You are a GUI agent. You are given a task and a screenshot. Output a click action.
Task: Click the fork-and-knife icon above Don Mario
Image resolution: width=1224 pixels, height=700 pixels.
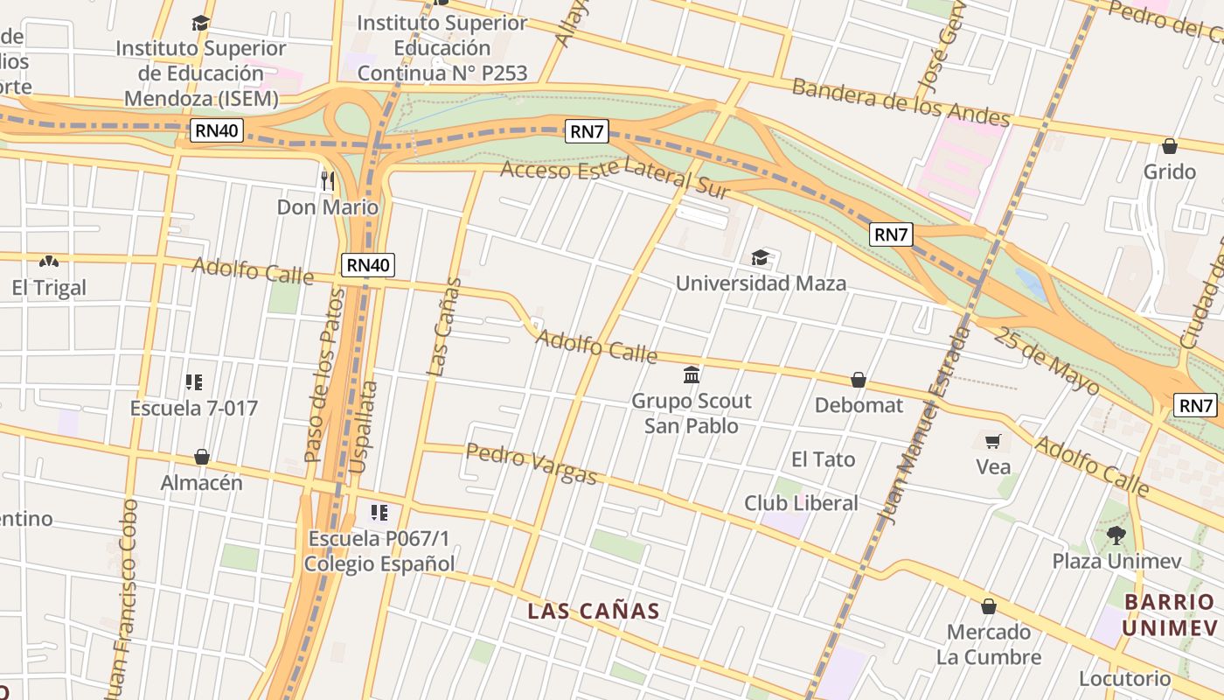(328, 181)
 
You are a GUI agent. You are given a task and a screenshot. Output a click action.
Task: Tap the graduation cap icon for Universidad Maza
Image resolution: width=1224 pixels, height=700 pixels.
(761, 257)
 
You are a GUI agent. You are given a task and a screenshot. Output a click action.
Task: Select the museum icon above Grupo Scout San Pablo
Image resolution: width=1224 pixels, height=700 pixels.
(692, 375)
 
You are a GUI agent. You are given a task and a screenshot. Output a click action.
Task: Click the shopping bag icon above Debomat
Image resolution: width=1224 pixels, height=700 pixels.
(859, 380)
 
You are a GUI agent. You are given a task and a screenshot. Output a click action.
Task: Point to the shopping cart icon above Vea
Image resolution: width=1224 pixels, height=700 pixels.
(992, 441)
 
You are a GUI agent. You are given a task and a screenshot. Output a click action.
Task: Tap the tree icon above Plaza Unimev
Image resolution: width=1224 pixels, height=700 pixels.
(1116, 535)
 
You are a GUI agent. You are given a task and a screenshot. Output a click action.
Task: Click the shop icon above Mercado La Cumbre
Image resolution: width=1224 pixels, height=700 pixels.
(989, 606)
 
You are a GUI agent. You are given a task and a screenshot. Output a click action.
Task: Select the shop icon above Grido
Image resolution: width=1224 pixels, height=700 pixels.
(1170, 146)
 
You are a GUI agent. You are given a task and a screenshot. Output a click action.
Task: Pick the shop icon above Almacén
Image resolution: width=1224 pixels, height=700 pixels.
(202, 457)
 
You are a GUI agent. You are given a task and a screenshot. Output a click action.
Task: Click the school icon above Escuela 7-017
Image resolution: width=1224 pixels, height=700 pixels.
(194, 382)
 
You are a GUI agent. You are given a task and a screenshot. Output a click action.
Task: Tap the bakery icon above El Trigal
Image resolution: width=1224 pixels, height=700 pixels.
(49, 262)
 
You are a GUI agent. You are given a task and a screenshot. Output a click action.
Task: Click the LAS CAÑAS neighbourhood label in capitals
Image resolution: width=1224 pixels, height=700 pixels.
(593, 611)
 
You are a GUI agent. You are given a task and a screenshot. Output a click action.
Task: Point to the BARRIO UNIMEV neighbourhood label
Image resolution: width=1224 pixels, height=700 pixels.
(1170, 614)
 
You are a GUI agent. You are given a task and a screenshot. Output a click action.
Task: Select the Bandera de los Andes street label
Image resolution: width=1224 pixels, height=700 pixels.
(901, 103)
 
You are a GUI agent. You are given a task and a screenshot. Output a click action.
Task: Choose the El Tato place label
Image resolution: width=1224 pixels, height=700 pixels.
(823, 459)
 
